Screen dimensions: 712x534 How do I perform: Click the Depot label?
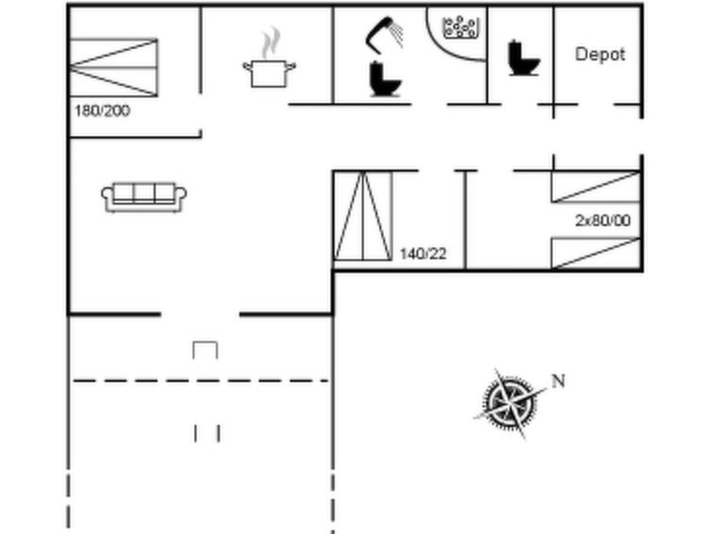click(600, 55)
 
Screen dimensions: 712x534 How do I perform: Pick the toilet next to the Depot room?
click(523, 58)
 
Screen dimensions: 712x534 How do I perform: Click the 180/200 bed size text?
click(102, 111)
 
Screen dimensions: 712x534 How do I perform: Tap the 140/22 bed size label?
click(423, 254)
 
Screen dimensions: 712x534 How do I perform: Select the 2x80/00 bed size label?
click(603, 220)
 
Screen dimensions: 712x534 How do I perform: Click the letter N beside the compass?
click(558, 381)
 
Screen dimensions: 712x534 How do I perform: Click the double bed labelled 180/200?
click(114, 67)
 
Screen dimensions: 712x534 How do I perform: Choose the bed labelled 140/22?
click(363, 216)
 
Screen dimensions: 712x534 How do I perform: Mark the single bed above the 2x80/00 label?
click(596, 187)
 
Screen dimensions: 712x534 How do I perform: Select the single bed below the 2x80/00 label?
click(596, 253)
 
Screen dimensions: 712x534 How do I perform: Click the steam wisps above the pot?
click(271, 42)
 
